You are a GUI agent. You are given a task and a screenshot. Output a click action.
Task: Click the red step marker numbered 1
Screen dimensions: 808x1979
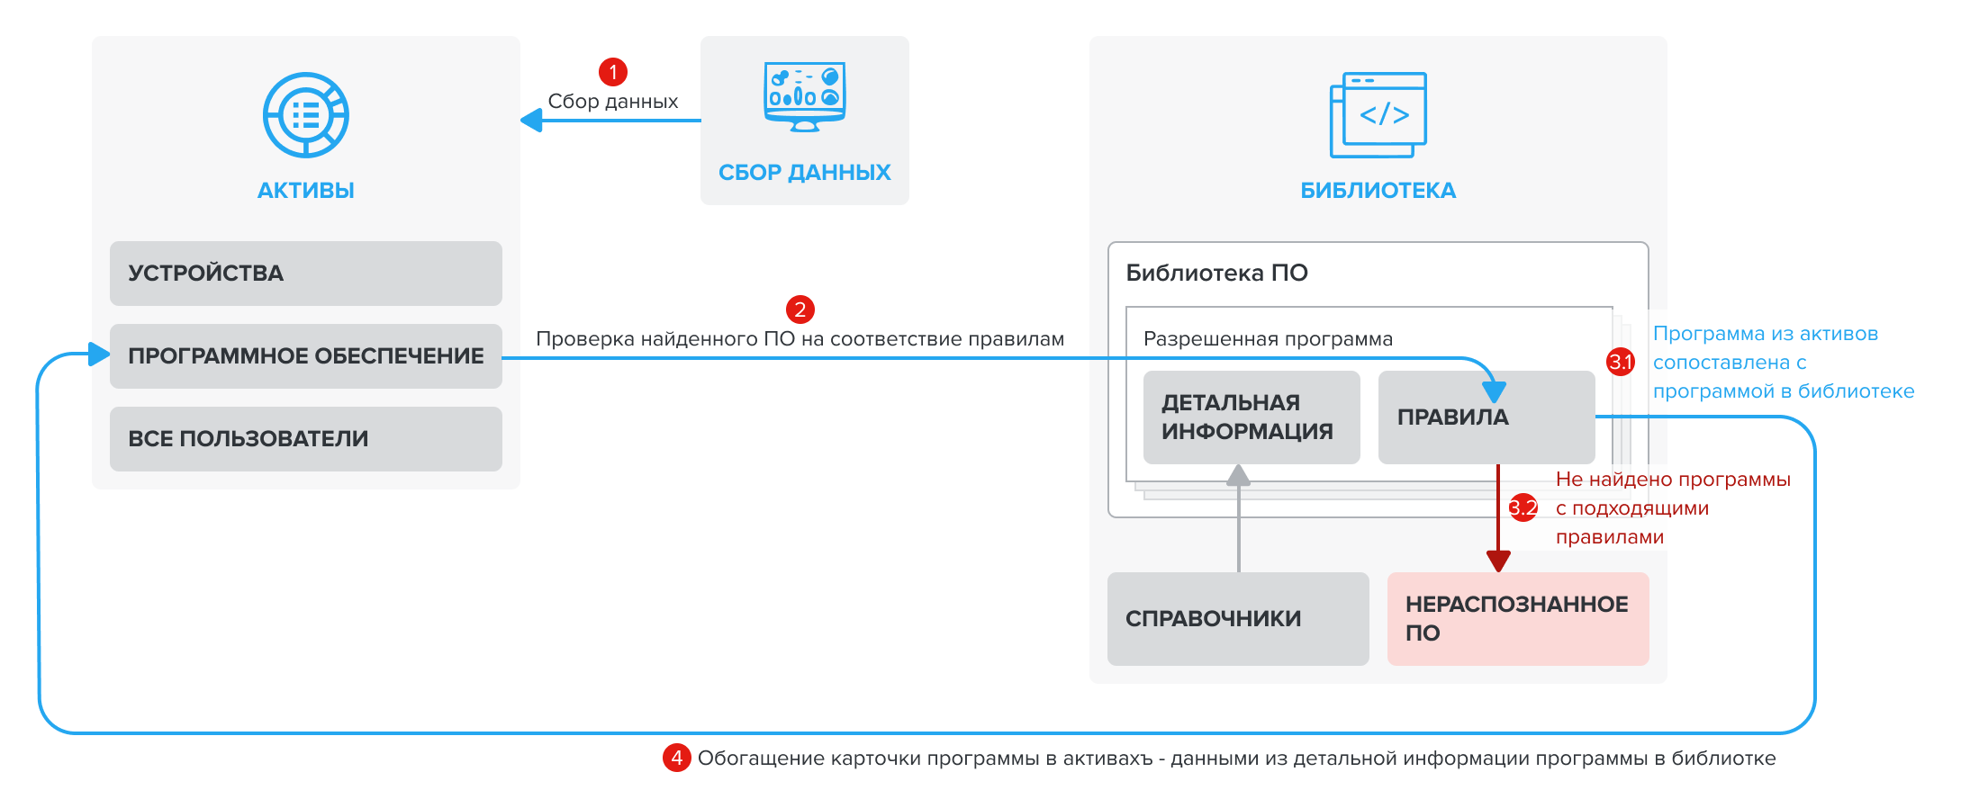click(613, 72)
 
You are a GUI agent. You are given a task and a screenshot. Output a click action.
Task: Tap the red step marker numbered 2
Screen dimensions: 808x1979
click(800, 310)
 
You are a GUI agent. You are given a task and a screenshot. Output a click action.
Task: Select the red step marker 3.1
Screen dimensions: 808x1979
click(1621, 362)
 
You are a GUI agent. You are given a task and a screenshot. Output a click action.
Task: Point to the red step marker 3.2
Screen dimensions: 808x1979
click(1523, 507)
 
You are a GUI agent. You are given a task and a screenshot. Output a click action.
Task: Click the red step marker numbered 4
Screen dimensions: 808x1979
click(676, 758)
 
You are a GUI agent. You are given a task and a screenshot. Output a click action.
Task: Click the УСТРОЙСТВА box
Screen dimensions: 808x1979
click(305, 274)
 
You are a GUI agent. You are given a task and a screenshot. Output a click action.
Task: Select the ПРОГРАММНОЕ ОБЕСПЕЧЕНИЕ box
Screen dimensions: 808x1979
click(305, 356)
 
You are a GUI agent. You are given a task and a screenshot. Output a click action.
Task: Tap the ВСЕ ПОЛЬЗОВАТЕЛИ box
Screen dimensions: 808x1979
click(305, 439)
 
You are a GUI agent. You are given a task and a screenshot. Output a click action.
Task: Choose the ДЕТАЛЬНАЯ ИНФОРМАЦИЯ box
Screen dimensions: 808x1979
click(1251, 417)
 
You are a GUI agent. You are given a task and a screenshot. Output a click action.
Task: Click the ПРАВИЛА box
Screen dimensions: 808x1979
click(1486, 417)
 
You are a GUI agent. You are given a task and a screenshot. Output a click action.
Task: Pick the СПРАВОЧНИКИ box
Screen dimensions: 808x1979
click(1237, 619)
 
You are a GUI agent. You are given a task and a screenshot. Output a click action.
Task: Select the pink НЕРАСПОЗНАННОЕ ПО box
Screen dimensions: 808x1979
click(1517, 619)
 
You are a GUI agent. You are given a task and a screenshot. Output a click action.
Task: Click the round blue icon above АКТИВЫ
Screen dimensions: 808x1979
click(306, 115)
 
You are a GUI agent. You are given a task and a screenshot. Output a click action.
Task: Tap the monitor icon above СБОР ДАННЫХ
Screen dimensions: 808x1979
click(804, 96)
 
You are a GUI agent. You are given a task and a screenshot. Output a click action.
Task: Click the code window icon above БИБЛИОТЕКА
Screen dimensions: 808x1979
click(1378, 114)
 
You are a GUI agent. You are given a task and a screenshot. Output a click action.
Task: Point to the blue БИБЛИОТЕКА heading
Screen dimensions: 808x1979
click(1378, 191)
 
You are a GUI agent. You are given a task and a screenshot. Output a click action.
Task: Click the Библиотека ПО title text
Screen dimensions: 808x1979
click(1216, 274)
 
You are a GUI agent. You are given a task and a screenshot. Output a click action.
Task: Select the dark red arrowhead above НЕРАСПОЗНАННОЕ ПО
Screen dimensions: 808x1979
click(1498, 561)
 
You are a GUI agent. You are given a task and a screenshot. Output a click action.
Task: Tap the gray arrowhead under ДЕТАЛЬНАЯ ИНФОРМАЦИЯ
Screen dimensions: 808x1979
click(1239, 475)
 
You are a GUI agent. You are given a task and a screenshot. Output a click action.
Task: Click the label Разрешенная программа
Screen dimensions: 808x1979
click(1268, 339)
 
